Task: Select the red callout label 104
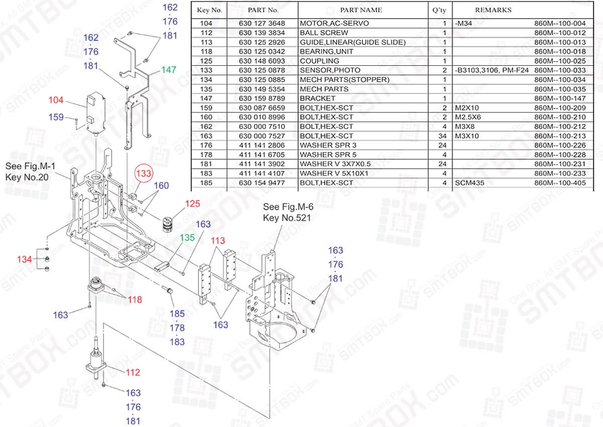tap(56, 100)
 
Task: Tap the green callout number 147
tap(169, 70)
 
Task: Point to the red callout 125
tap(192, 204)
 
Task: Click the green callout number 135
tap(187, 237)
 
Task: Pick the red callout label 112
tap(133, 373)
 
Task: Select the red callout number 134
tap(25, 259)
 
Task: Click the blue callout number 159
tap(56, 117)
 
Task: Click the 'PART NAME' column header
tap(361, 10)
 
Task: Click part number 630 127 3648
tap(262, 24)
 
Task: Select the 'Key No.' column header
tap(210, 10)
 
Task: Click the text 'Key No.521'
tap(287, 218)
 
